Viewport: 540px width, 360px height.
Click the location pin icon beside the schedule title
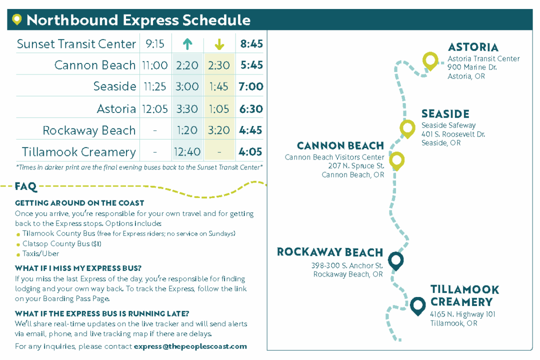coord(17,20)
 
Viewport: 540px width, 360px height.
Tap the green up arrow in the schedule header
coord(187,44)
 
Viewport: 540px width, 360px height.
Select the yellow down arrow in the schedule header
coord(219,44)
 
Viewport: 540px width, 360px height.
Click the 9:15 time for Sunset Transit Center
coord(155,44)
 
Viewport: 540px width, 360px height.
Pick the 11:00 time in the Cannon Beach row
coord(155,65)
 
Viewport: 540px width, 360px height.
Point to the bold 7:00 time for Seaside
coord(251,87)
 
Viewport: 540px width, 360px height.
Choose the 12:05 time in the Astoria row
coord(155,109)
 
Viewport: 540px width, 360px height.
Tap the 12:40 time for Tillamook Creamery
coord(187,152)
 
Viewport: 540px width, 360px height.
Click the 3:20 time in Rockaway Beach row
coord(219,130)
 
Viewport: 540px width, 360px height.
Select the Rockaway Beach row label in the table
coord(89,130)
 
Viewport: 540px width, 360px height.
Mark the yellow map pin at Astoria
coord(429,61)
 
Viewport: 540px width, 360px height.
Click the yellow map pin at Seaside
coord(407,128)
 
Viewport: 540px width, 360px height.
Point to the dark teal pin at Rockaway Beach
coord(395,260)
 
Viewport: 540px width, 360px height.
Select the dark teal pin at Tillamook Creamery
coord(417,305)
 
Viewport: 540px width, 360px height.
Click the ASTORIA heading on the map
coord(473,47)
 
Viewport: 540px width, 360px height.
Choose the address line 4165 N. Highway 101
coord(462,314)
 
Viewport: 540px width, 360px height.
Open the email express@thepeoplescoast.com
coord(190,346)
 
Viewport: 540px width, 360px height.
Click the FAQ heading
coord(26,186)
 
